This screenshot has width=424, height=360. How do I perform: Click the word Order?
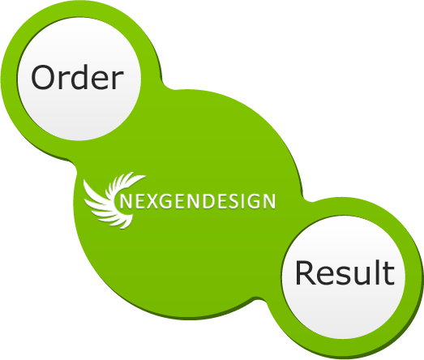(77, 77)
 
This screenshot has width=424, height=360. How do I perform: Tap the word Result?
(345, 272)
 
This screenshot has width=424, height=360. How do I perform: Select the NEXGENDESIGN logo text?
(197, 201)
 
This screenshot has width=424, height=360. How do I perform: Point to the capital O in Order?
(43, 77)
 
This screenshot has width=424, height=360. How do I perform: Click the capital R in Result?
(306, 272)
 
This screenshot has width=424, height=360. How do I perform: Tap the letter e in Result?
(327, 276)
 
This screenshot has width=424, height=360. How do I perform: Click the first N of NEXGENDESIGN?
(126, 201)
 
